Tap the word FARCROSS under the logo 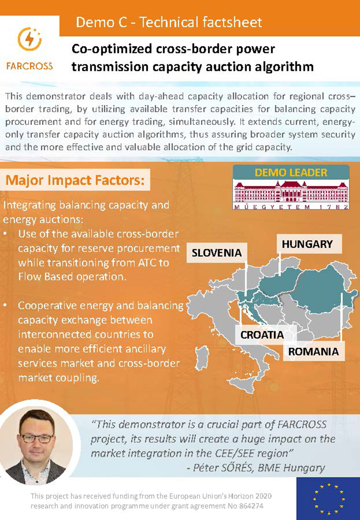click(30, 66)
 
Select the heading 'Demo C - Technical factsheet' click(169, 22)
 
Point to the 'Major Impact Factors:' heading click(75, 180)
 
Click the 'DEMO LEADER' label click(291, 173)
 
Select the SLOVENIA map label click(217, 252)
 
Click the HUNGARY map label click(307, 244)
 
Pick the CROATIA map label click(262, 335)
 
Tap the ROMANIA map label click(313, 351)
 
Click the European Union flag click(328, 498)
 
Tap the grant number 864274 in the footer click(250, 506)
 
